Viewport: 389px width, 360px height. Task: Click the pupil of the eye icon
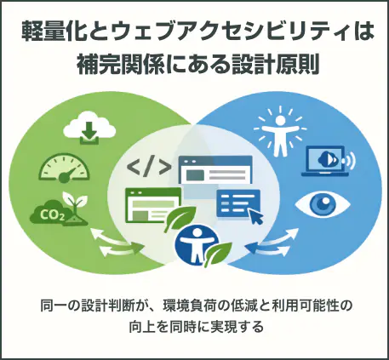coord(323,203)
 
